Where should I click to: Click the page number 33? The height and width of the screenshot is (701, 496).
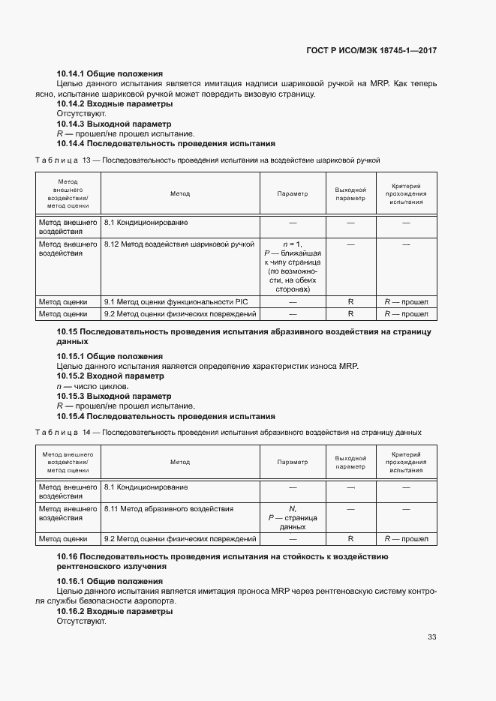431,637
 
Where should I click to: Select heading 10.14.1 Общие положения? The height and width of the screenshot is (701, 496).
110,73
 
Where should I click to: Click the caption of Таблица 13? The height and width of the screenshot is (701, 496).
208,160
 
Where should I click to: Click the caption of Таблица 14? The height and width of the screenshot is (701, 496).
228,432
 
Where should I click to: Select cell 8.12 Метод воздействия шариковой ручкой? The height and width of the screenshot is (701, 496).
179,244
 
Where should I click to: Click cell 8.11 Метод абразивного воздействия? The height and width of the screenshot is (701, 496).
168,508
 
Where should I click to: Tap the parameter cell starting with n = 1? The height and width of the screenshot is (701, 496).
293,267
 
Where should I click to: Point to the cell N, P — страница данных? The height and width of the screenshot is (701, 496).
293,517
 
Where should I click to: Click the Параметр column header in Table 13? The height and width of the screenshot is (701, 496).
293,193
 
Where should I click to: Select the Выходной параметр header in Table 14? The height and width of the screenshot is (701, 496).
350,462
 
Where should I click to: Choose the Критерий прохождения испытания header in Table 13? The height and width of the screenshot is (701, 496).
406,193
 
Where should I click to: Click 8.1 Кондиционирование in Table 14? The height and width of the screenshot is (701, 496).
146,487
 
